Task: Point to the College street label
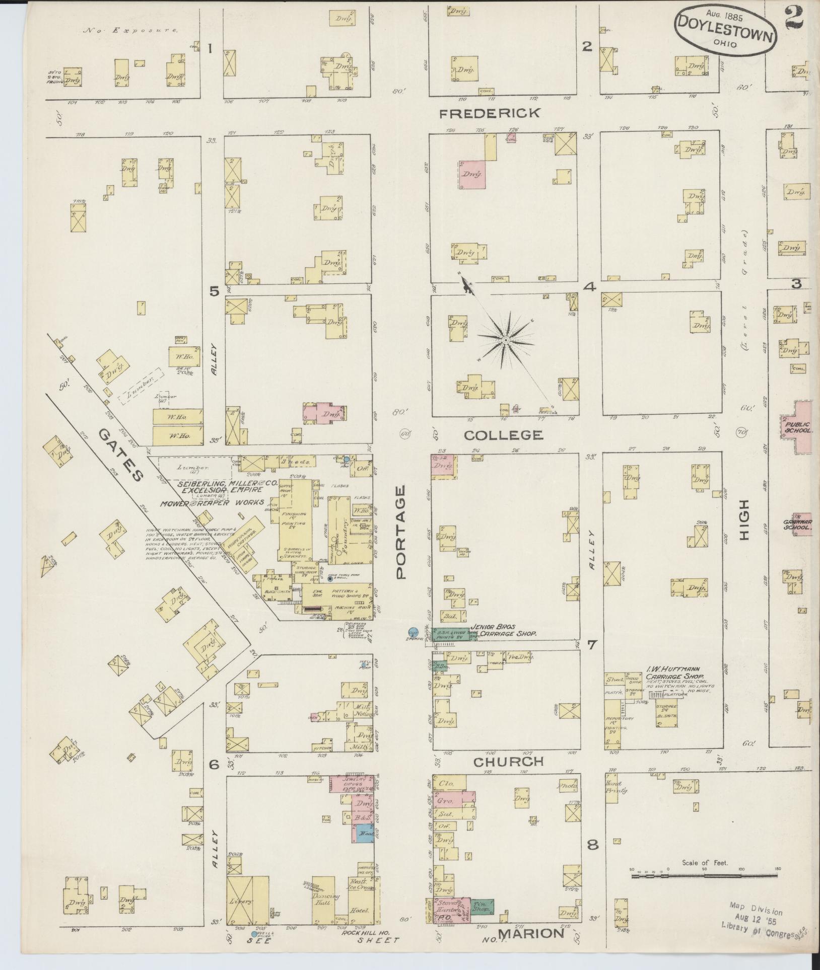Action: click(x=503, y=434)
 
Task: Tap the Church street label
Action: click(x=508, y=776)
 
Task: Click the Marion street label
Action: click(x=531, y=933)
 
